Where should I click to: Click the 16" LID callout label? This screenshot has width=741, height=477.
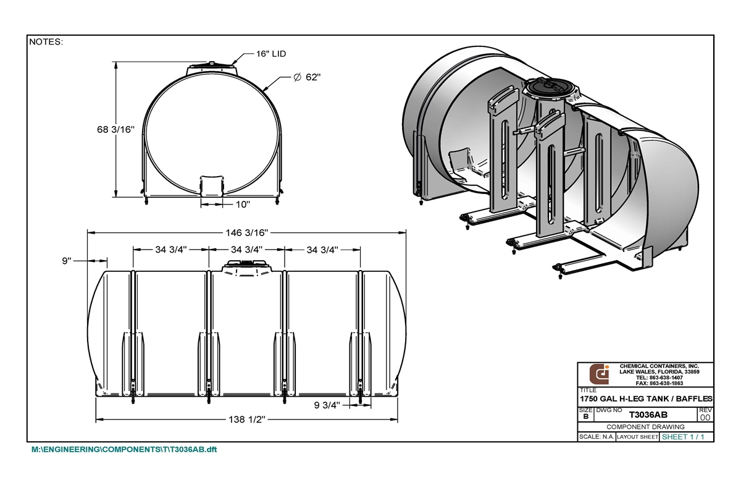pos(271,54)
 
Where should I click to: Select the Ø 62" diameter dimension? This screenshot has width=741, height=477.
pos(308,77)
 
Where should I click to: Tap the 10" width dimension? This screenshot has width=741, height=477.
pos(242,204)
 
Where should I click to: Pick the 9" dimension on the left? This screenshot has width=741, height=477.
pos(67,261)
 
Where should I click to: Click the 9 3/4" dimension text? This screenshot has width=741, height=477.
pos(326,406)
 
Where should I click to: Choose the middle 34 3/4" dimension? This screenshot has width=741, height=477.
pos(246,250)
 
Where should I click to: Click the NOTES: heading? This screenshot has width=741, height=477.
pos(46,43)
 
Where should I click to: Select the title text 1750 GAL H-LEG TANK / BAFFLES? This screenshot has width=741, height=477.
pos(646,399)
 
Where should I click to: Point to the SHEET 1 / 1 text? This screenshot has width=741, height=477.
pos(682,437)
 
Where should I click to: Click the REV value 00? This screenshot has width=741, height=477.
pos(705,418)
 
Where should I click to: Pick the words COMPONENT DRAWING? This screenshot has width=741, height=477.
pos(645,427)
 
